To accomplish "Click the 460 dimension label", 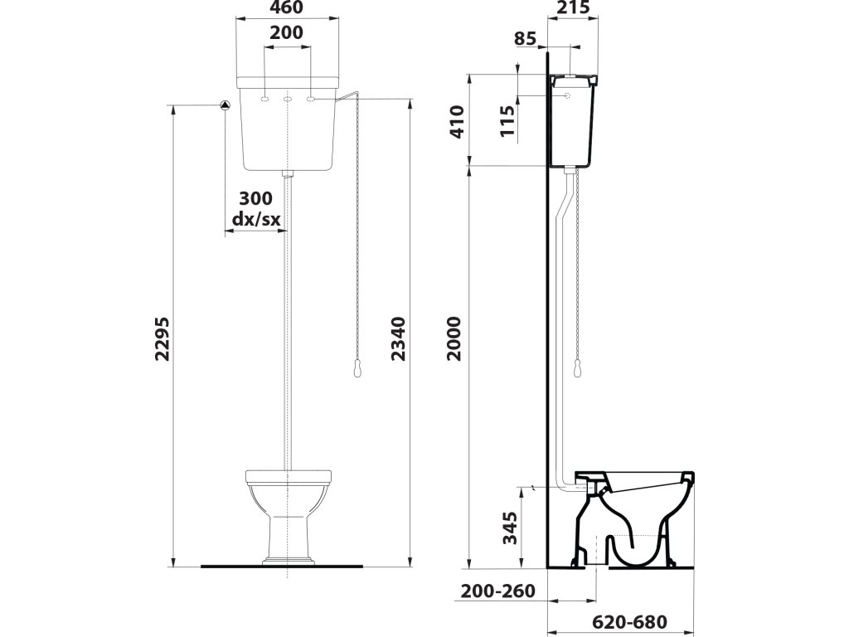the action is (286, 8).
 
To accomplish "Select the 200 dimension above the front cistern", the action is (286, 33).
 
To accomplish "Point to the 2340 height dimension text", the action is (399, 339).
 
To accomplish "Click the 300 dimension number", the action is (255, 199).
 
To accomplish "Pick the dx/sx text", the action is (255, 219).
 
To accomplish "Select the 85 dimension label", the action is (526, 38).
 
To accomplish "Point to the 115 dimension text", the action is (508, 118).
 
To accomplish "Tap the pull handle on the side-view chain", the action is (573, 368).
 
